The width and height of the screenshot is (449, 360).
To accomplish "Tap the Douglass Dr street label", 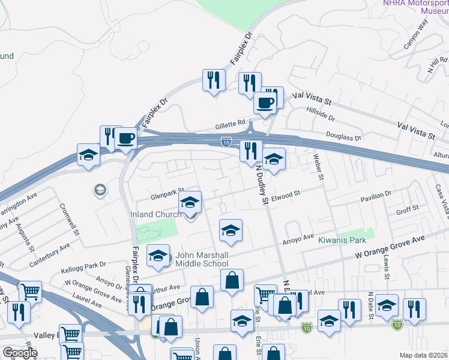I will pyautogui.click(x=343, y=137).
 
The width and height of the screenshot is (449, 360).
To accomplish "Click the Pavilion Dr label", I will pyautogui.click(x=376, y=194).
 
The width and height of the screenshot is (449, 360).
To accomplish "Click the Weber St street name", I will pyautogui.click(x=319, y=167).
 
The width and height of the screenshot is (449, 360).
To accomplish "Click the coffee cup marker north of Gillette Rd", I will pyautogui.click(x=265, y=103).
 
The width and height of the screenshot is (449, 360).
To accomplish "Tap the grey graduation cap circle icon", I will pyautogui.click(x=100, y=191).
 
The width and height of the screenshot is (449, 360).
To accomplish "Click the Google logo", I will pyautogui.click(x=20, y=353).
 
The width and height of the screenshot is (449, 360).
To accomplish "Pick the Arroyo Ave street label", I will pyautogui.click(x=298, y=239).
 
